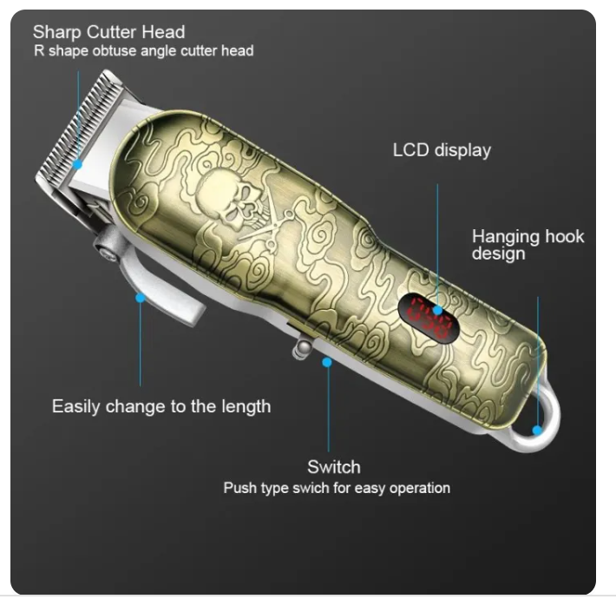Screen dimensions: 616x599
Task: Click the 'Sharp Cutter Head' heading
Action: point(108,32)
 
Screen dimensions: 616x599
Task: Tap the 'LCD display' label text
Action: point(442,150)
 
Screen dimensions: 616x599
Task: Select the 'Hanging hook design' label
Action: point(528,245)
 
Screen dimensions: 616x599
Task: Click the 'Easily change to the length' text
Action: point(161,406)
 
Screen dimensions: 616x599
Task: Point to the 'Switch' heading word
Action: point(334,467)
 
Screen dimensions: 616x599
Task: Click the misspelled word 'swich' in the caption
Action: point(311,488)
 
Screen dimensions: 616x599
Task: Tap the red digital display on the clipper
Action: point(429,318)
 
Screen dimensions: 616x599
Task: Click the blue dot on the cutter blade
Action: point(78,164)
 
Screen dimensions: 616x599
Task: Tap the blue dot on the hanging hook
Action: point(537,430)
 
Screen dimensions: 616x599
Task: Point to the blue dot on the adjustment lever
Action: point(140,298)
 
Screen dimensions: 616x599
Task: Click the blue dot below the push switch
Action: point(327,362)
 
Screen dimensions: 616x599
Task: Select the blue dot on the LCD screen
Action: point(437,311)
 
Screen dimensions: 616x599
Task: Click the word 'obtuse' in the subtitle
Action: point(114,50)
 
